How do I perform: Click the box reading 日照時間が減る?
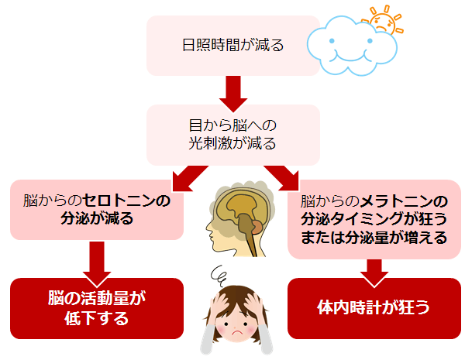click(232, 46)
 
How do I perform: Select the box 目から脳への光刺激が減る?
click(232, 132)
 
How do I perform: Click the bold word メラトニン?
click(398, 201)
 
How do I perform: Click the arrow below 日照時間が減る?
click(232, 91)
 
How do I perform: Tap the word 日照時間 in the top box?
click(210, 46)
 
